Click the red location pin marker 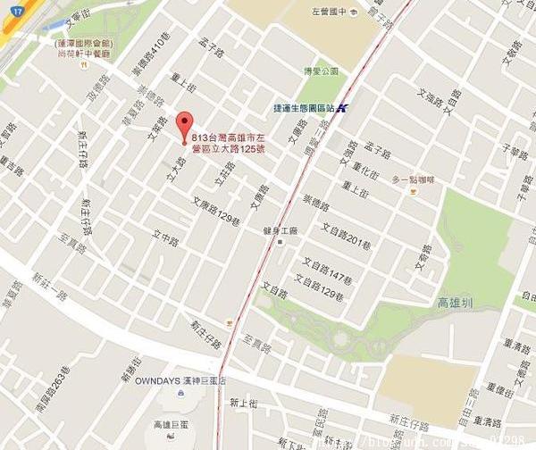pos(185,125)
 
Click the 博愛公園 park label pos(317,71)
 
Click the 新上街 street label pos(243,403)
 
